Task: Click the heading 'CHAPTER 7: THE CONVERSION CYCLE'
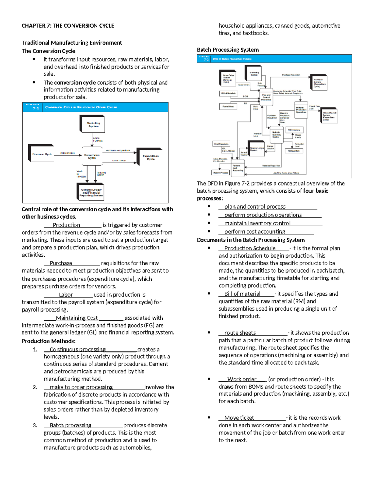68,26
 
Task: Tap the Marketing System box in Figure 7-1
93,125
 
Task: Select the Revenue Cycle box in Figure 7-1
42,154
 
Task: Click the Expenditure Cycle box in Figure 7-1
150,157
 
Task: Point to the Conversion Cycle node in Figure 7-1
92,156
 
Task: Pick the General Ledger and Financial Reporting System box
91,192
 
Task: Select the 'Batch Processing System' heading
228,50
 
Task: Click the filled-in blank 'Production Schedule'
250,248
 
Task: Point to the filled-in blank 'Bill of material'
242,294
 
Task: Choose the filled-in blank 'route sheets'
240,333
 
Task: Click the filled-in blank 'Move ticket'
239,418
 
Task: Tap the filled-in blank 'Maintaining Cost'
77,318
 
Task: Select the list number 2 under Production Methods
35,387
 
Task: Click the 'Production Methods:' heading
49,341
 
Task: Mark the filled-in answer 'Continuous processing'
77,349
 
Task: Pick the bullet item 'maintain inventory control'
257,223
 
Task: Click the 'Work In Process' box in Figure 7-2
220,173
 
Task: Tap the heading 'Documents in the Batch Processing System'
250,240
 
